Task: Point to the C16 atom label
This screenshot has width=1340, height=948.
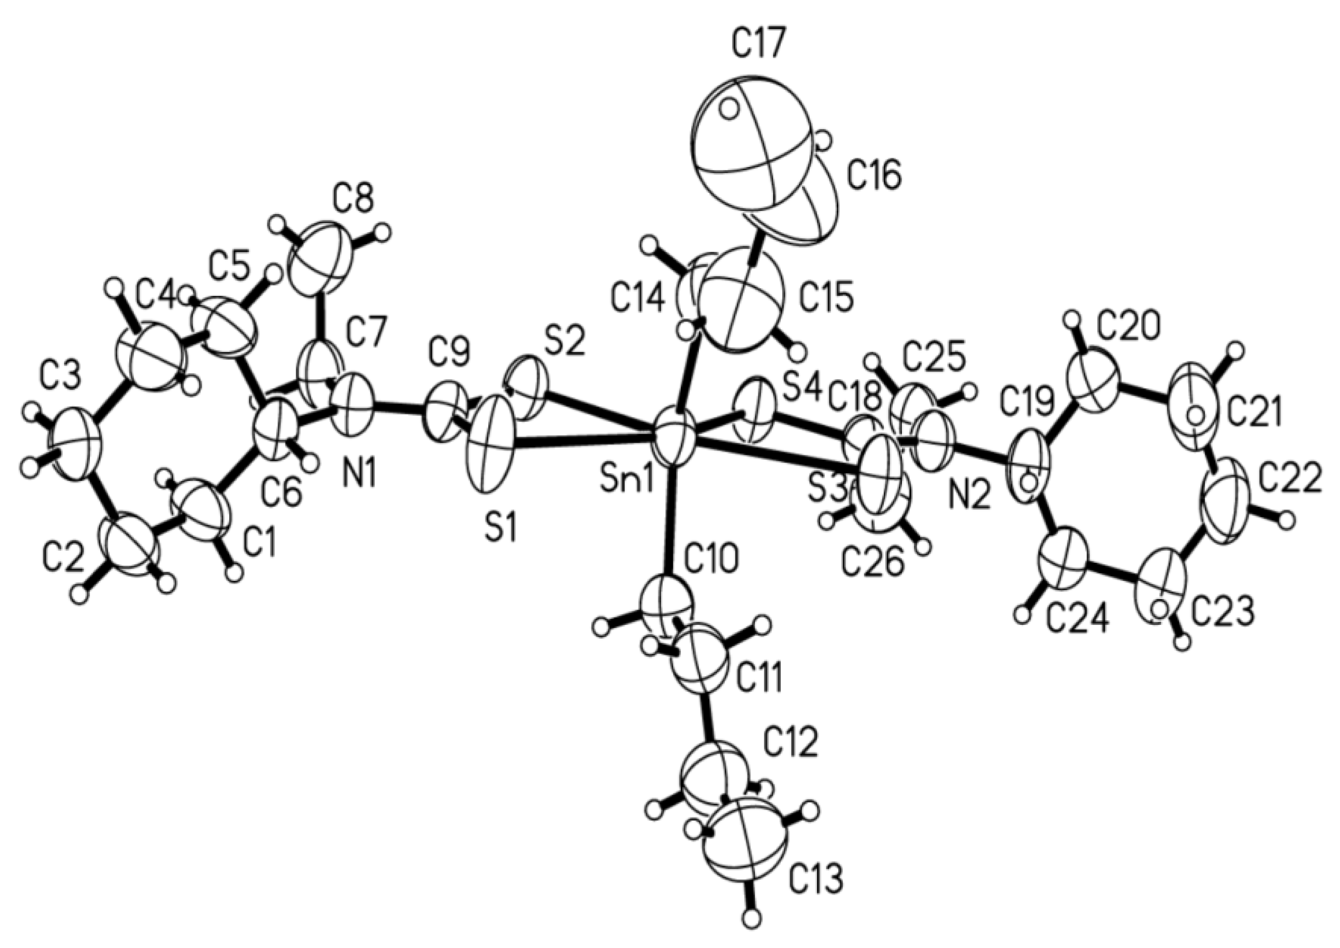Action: [874, 178]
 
